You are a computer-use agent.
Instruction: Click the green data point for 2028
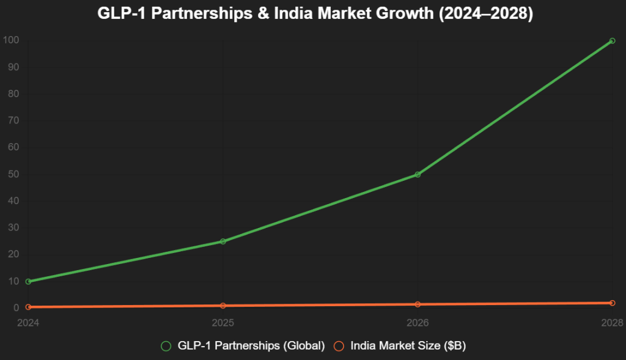[x=612, y=41]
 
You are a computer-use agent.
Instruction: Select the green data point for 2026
[x=418, y=175]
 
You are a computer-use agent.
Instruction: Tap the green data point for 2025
[x=223, y=241]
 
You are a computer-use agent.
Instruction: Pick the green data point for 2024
[x=28, y=282]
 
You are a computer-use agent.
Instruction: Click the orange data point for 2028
[x=612, y=303]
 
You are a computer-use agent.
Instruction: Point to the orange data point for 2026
[x=418, y=304]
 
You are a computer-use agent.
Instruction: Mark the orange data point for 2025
[x=223, y=306]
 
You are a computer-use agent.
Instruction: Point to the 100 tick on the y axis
[x=11, y=41]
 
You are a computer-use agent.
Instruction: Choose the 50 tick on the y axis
[x=13, y=174]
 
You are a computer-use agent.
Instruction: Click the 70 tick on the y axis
[x=13, y=121]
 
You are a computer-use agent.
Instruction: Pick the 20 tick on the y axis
[x=13, y=254]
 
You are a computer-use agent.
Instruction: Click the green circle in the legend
[x=166, y=346]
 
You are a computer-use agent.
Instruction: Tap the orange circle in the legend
[x=339, y=346]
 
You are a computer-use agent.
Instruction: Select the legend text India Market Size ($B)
[x=408, y=346]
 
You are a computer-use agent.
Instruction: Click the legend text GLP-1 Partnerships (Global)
[x=251, y=346]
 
